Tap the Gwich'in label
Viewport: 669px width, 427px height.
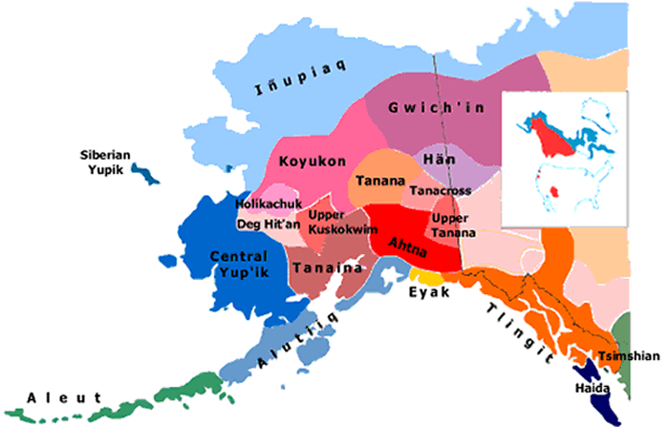(x=436, y=108)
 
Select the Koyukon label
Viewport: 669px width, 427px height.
(x=313, y=162)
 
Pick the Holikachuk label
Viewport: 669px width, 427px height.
(x=269, y=204)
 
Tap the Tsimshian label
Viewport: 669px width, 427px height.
(x=628, y=356)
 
